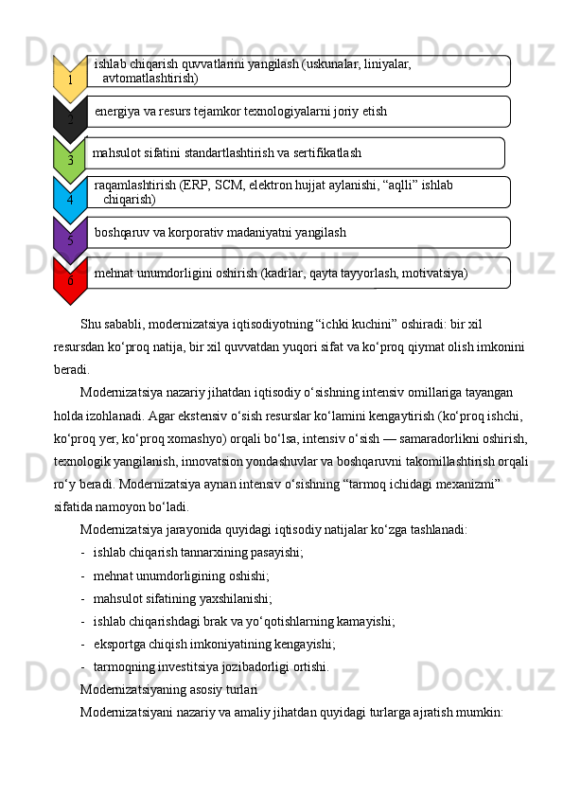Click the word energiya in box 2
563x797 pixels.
(x=118, y=112)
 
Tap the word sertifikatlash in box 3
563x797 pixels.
(x=323, y=152)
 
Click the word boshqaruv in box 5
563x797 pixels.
(x=125, y=232)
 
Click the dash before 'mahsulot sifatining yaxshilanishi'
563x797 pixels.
(x=84, y=598)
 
